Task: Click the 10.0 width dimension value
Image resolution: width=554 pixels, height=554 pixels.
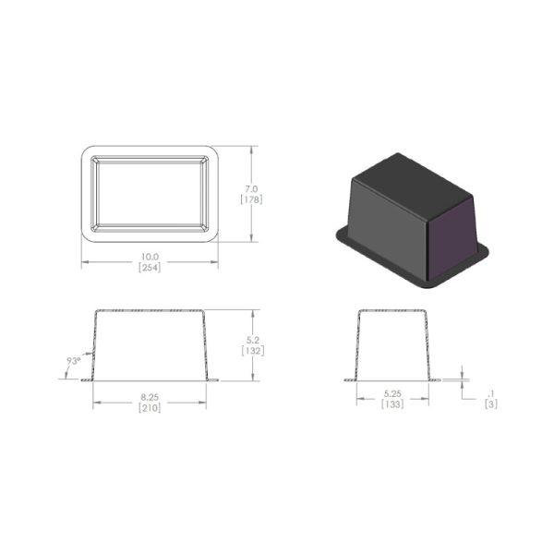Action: pyautogui.click(x=150, y=257)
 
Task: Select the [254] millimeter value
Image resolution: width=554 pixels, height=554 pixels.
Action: pyautogui.click(x=150, y=268)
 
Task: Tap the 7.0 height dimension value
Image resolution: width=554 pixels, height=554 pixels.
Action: pyautogui.click(x=251, y=189)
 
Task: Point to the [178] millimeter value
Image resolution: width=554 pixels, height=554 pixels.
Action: pyautogui.click(x=251, y=199)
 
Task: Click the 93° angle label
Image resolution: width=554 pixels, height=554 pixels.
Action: pyautogui.click(x=74, y=361)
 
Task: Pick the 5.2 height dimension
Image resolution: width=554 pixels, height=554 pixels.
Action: pyautogui.click(x=253, y=340)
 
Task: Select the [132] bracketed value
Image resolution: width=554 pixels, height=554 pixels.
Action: pyautogui.click(x=253, y=351)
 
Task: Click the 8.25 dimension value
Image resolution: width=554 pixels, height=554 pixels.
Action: pyautogui.click(x=150, y=397)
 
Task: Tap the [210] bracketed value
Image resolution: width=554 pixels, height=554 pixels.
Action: pyautogui.click(x=150, y=408)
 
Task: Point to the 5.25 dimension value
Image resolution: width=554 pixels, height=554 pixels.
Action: pyautogui.click(x=392, y=393)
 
